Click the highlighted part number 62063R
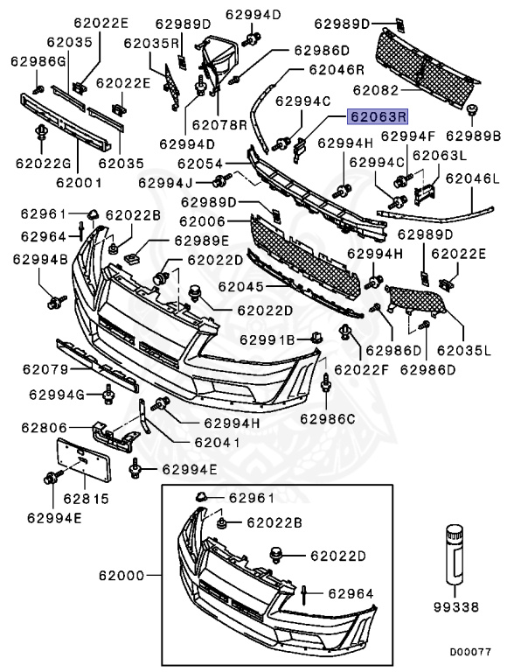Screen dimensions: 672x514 tap(379, 115)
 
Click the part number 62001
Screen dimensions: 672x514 tap(79, 184)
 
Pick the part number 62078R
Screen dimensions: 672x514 tap(219, 125)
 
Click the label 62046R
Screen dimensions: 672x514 tap(335, 69)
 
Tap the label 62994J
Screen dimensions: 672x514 tap(167, 183)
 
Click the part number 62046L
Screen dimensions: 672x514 tap(472, 178)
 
